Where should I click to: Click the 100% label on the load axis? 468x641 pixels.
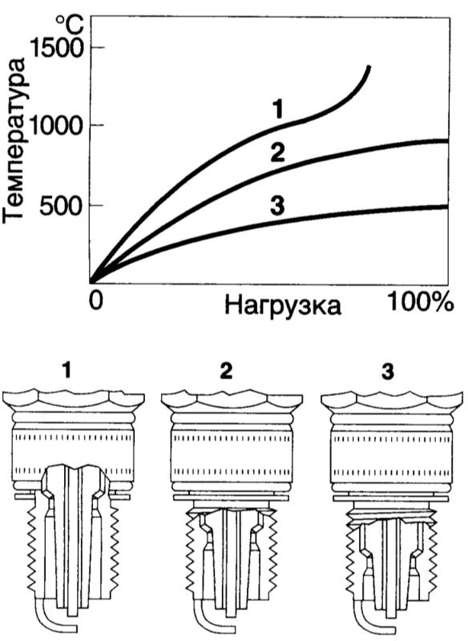(x=420, y=303)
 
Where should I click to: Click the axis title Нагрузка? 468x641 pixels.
(x=282, y=306)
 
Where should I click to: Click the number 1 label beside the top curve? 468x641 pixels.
(x=277, y=110)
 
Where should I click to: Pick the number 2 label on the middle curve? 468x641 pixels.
(x=277, y=152)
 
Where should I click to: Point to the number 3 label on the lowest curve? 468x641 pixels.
(x=277, y=206)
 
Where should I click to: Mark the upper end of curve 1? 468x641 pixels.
(x=369, y=67)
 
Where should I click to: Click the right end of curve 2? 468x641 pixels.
(x=447, y=141)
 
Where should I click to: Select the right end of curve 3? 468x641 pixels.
(x=447, y=207)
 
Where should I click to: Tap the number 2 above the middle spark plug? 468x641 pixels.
(x=226, y=371)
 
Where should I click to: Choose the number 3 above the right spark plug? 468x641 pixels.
(x=388, y=371)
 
